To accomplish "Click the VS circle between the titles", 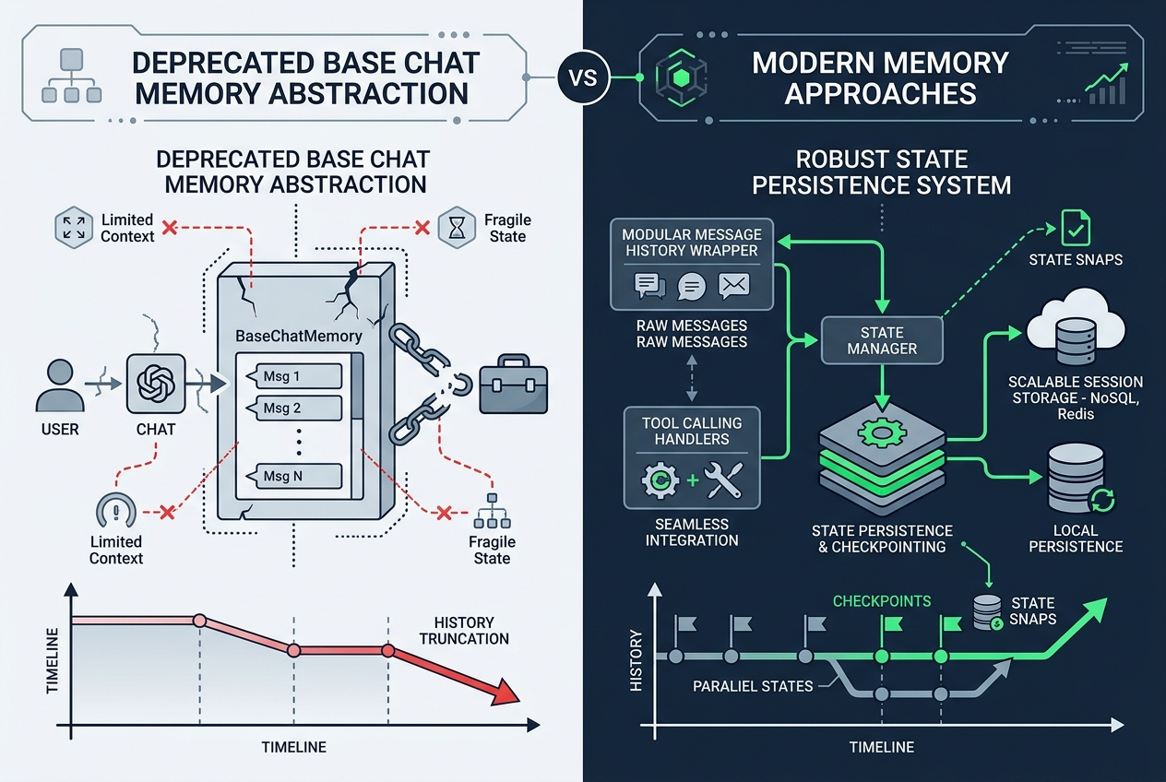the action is coord(584,78).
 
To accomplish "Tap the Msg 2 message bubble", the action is coord(295,408).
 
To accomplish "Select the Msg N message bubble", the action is coord(295,476).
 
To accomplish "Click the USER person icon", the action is coord(60,385).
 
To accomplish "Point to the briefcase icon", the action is coord(513,385).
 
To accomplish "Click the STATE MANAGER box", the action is coord(882,340).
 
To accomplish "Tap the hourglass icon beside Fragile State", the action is coord(457,228).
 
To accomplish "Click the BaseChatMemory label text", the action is coord(299,336).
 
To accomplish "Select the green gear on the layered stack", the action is coord(882,432).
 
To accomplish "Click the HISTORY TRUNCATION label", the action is coord(464,631).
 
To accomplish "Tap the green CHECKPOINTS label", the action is coord(882,601).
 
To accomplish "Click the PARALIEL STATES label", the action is coord(753,686).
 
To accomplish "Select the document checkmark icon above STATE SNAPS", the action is coord(1076,228).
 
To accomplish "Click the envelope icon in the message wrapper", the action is coord(734,286).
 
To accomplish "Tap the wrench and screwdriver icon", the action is coord(723,480).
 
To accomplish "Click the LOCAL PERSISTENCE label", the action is coord(1076,539).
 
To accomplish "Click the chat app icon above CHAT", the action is coord(156,384).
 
